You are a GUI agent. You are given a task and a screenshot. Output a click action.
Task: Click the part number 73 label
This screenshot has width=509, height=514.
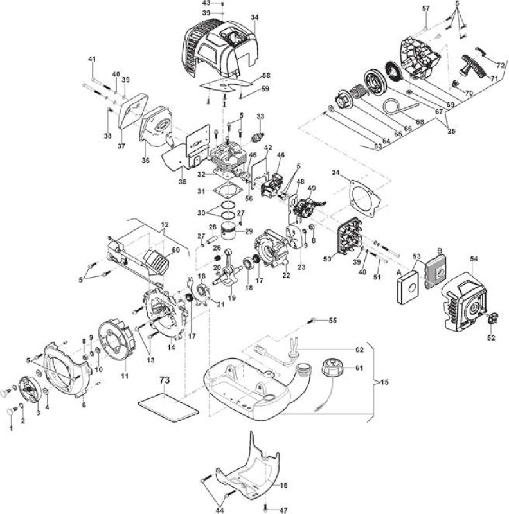tap(165, 380)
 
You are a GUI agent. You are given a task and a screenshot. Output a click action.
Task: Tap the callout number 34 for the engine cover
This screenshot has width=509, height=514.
tap(254, 18)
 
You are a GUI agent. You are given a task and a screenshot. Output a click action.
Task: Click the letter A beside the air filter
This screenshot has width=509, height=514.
tap(399, 272)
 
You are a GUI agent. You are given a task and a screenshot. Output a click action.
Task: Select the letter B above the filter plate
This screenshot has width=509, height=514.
tap(440, 251)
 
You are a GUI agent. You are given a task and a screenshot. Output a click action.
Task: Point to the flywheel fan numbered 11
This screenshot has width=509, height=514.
tap(118, 342)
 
